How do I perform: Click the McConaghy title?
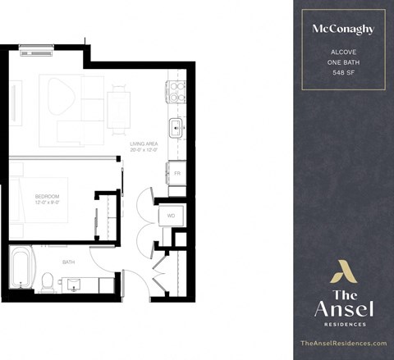pos(342,29)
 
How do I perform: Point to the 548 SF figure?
pos(342,73)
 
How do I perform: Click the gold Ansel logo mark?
pos(342,271)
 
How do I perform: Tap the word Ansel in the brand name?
pos(343,308)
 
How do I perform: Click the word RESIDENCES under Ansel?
pos(343,324)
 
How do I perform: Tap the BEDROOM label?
pos(47,198)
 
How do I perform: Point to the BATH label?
pos(69,262)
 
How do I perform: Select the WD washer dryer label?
pos(172,216)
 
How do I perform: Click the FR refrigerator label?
pos(176,174)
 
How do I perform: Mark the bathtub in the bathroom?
pos(20,267)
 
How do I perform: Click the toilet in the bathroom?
pos(48,281)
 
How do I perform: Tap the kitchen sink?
pos(176,127)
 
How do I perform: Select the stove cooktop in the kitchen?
pos(176,91)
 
